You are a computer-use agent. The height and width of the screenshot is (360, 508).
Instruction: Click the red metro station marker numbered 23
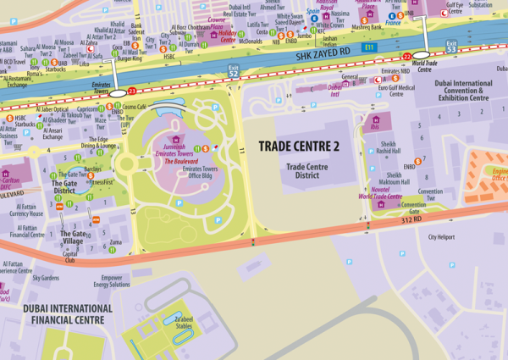click(x=131, y=90)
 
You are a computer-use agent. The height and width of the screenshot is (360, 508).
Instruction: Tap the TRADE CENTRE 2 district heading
click(x=298, y=147)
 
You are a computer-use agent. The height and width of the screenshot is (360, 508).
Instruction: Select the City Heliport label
click(x=446, y=237)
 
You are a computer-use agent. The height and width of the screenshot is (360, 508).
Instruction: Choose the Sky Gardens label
click(x=47, y=277)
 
